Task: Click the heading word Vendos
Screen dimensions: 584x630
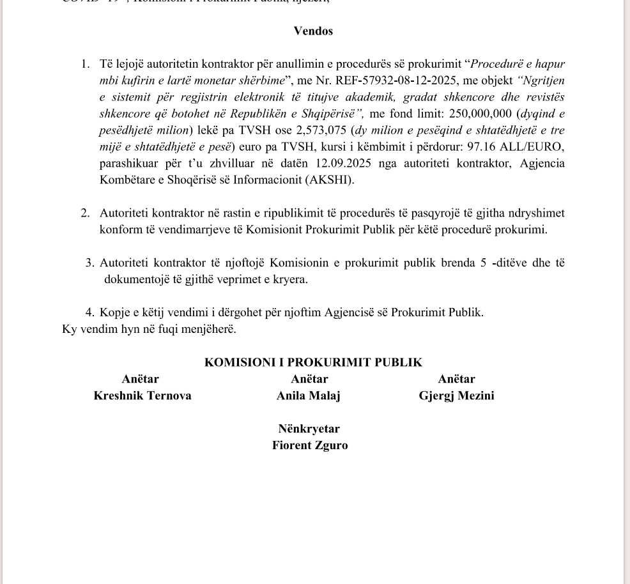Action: (313, 31)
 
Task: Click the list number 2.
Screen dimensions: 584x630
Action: (85, 213)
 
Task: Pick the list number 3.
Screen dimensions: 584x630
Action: (90, 263)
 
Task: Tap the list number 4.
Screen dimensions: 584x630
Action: (90, 313)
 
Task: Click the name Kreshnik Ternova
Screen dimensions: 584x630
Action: (142, 396)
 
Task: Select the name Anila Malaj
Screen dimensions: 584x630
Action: (308, 396)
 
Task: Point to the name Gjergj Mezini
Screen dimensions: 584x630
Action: (456, 396)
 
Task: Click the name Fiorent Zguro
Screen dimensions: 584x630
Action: (310, 446)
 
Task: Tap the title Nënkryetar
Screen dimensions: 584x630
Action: (309, 429)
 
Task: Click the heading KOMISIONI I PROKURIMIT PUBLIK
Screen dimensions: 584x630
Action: (313, 363)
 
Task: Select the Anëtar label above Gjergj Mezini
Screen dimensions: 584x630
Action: (456, 380)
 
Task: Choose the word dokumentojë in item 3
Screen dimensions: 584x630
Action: (135, 280)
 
